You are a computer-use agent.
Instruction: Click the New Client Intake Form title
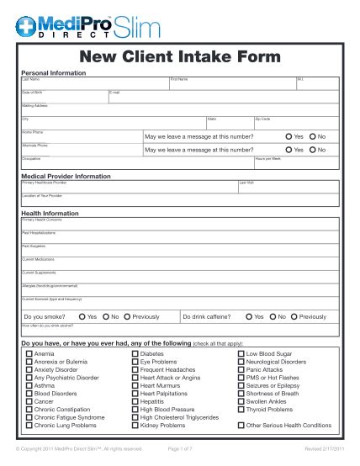[x=179, y=57]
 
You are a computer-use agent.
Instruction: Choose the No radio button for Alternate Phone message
[x=312, y=150]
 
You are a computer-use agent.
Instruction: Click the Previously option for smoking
[x=125, y=316]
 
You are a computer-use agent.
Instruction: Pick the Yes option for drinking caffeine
[x=249, y=316]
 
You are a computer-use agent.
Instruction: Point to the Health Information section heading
[x=50, y=214]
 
